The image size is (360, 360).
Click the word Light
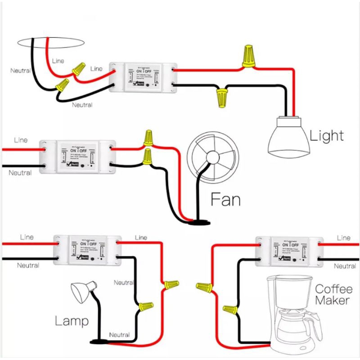click(x=327, y=135)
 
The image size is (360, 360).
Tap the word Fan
click(x=225, y=199)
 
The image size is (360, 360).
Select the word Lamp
click(x=72, y=321)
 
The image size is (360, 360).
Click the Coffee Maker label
click(x=333, y=294)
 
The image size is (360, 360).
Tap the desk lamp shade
click(x=81, y=292)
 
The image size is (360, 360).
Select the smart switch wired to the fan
click(x=76, y=156)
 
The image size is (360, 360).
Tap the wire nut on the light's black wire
click(x=221, y=97)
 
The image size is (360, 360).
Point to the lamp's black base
click(x=99, y=342)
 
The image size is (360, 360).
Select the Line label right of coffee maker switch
click(x=343, y=238)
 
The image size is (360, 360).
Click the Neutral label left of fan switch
click(x=20, y=173)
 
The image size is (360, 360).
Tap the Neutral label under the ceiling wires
click(x=82, y=105)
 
